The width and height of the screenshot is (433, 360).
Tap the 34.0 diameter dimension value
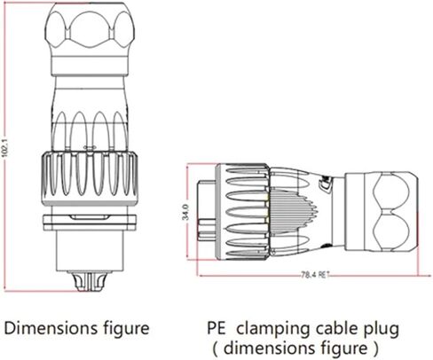coord(184,214)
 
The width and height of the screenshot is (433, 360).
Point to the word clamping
coord(272,328)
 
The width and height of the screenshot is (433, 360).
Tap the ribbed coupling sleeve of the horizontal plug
coord(253,213)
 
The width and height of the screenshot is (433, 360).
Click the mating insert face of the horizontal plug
coord(207,213)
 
